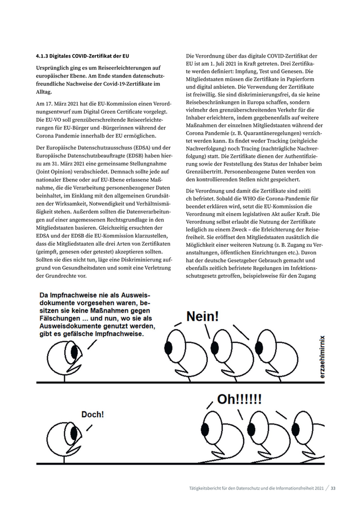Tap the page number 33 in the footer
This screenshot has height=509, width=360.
(x=333, y=488)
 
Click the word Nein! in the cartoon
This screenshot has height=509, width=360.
(x=202, y=316)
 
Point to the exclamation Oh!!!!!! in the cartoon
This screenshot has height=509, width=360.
(x=239, y=399)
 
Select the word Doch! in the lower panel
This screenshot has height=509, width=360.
(x=93, y=414)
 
